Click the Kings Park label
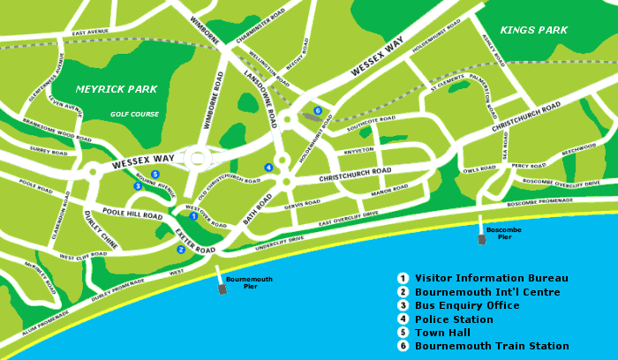tap(533, 30)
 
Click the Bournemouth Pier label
tap(243, 282)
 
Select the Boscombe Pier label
tap(503, 233)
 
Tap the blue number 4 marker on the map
tap(268, 168)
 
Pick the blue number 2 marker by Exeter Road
tap(181, 249)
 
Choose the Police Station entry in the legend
tap(454, 319)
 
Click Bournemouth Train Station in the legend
tap(492, 346)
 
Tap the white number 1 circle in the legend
tap(403, 278)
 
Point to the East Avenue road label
tap(90, 33)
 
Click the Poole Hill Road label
tap(132, 214)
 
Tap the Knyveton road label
tap(358, 151)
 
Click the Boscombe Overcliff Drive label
tap(561, 183)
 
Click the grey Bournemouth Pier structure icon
tap(222, 289)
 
